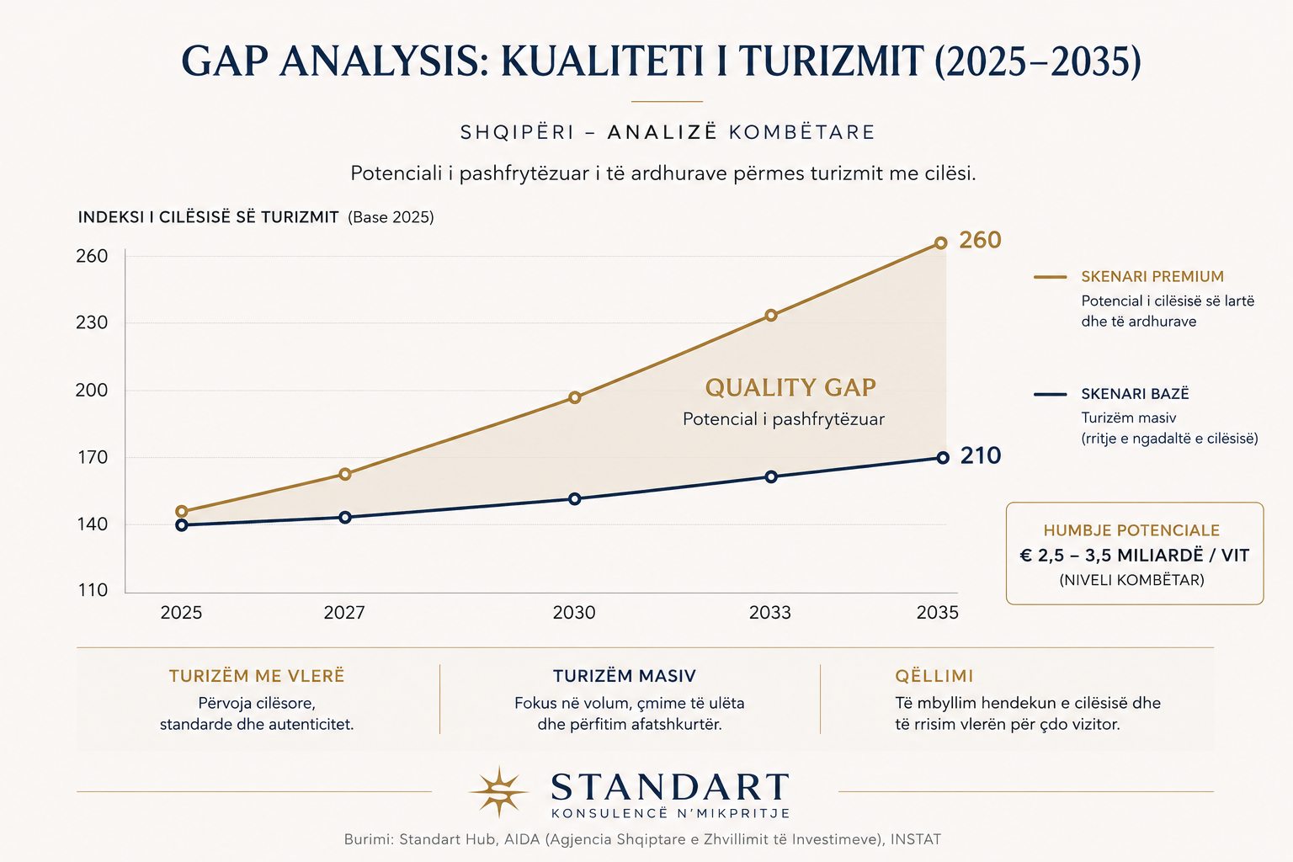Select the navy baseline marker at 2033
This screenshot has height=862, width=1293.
tap(771, 477)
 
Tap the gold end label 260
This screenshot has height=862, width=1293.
tap(980, 240)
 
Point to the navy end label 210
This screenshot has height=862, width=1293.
tap(981, 455)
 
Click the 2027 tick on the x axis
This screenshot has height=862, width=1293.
tap(344, 613)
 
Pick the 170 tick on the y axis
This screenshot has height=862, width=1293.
tap(93, 458)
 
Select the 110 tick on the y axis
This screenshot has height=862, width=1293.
tap(93, 590)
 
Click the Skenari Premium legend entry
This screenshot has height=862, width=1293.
tap(1152, 277)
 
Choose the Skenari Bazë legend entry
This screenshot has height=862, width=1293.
tap(1135, 394)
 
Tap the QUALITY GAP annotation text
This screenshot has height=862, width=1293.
tap(790, 387)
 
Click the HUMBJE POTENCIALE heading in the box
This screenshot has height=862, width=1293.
tap(1131, 530)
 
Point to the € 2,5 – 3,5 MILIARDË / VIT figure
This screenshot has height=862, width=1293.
tap(1135, 556)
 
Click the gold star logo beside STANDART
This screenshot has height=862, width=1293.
tap(498, 791)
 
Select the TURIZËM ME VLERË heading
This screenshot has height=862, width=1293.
tap(257, 676)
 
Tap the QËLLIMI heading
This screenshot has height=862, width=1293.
tap(934, 675)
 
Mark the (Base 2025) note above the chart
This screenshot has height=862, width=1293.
tap(391, 218)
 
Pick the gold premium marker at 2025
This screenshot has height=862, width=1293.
tap(181, 512)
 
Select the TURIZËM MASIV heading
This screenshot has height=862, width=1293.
tap(625, 676)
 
